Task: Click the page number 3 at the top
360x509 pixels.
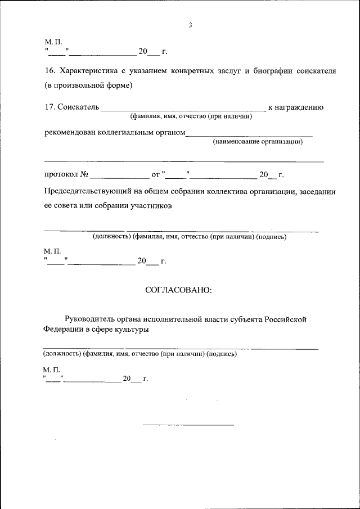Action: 190,25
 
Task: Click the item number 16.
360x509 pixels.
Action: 49,71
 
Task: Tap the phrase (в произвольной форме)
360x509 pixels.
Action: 88,85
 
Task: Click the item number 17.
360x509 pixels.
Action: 49,107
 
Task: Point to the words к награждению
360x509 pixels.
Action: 295,107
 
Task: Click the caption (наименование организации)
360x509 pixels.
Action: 258,141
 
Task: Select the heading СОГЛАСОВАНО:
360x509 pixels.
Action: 178,291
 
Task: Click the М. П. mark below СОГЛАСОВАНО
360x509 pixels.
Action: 51,369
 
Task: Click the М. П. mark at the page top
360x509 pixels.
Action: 53,42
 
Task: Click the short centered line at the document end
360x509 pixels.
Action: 188,424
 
